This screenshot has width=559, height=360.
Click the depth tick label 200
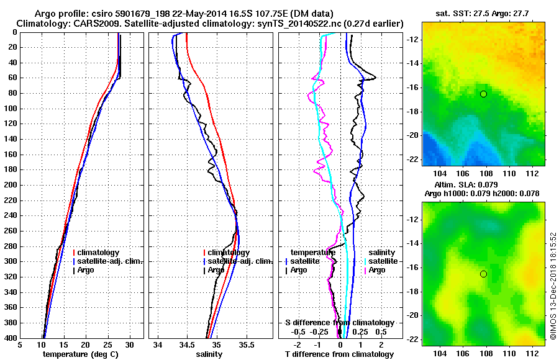[x=11, y=185]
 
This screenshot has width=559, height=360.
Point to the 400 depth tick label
[x=11, y=338]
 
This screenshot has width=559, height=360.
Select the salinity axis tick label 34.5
[x=187, y=344]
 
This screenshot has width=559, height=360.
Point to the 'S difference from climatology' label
[x=340, y=323]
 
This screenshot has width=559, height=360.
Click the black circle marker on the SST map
[x=483, y=94]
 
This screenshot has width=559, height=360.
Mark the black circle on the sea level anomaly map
[x=483, y=274]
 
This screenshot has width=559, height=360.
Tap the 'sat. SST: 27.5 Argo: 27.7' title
[x=484, y=12]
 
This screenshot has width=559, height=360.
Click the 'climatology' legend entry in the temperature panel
[x=99, y=253]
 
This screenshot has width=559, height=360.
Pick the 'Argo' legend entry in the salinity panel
[x=216, y=271]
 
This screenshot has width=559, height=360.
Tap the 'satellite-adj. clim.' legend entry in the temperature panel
[x=109, y=262]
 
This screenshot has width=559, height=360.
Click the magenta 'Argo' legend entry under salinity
[x=377, y=271]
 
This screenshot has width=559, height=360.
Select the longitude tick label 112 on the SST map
[x=534, y=177]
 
